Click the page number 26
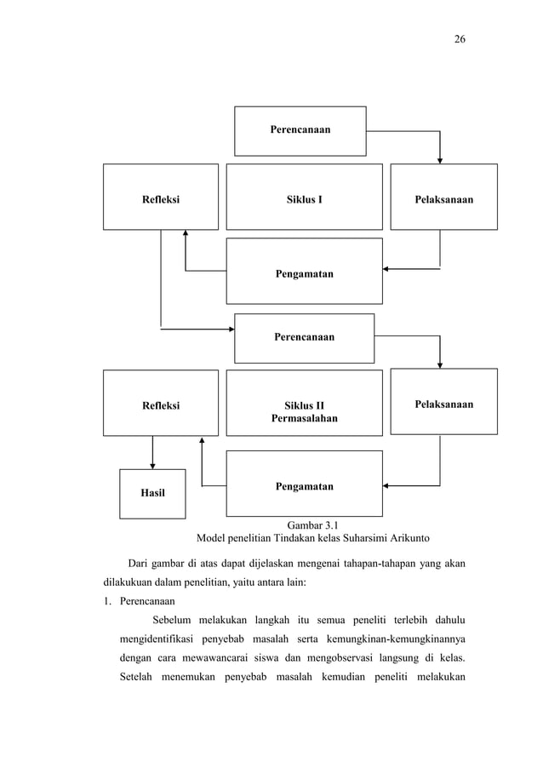[x=459, y=39]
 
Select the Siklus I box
[x=304, y=200]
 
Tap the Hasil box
[x=152, y=493]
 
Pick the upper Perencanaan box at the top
[x=300, y=130]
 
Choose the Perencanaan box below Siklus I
[x=304, y=337]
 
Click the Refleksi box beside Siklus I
[x=160, y=200]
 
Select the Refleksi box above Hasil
[x=160, y=405]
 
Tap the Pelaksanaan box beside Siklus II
[x=443, y=404]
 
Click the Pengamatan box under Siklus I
[x=304, y=273]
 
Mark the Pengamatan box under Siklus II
[x=304, y=486]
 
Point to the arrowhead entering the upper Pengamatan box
[x=386, y=269]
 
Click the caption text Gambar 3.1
[x=313, y=524]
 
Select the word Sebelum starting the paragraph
[x=174, y=619]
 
